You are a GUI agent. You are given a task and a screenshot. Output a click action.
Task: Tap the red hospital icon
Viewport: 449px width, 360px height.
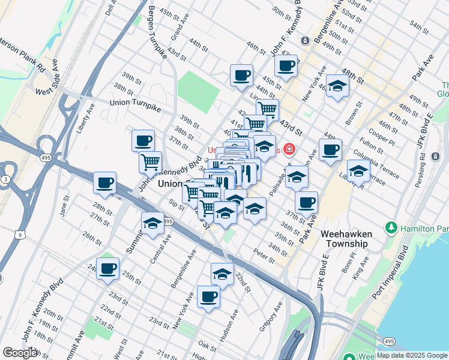click(x=290, y=148)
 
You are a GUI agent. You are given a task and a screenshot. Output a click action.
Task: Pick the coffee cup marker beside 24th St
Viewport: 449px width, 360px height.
click(x=107, y=268)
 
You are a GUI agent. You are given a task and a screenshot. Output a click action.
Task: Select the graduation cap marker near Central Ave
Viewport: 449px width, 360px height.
click(x=152, y=223)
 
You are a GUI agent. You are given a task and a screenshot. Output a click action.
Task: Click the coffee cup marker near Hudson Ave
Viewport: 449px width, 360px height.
click(x=208, y=296)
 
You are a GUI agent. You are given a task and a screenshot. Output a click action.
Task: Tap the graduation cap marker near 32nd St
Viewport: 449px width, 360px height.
click(x=222, y=274)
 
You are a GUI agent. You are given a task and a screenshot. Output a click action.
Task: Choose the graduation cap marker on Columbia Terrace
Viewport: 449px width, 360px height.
click(x=358, y=170)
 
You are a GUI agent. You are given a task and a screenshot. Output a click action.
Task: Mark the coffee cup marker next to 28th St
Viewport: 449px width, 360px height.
click(x=104, y=182)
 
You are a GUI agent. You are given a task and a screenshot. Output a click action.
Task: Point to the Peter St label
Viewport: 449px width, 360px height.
click(x=264, y=256)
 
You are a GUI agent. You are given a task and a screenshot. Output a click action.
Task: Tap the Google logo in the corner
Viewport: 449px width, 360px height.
click(x=20, y=353)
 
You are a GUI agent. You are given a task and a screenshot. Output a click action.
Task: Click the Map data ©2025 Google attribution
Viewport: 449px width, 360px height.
click(x=412, y=355)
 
